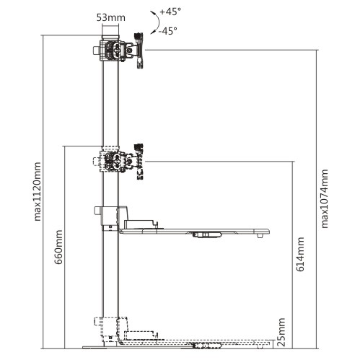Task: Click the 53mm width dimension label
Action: click(x=111, y=17)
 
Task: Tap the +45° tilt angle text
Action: click(x=170, y=12)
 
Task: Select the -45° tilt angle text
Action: click(x=167, y=31)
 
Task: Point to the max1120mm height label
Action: click(x=38, y=192)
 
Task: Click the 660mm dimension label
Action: click(x=58, y=247)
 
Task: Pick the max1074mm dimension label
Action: click(x=325, y=198)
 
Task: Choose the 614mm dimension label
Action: click(x=300, y=254)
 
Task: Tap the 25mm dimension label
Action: click(x=281, y=332)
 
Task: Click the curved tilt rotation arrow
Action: click(x=157, y=22)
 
